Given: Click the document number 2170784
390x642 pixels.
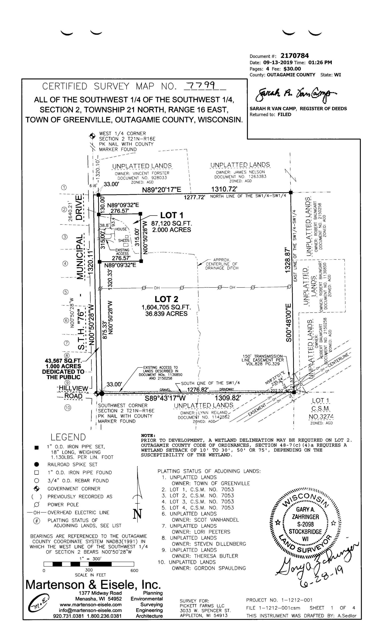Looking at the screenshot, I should click(294, 56).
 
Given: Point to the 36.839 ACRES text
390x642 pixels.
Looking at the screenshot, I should click(166, 314).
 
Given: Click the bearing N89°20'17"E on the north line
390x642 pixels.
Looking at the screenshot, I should click(161, 190).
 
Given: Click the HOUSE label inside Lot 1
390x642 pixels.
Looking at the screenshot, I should click(121, 229).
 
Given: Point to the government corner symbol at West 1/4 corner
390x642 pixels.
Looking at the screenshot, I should click(92, 136).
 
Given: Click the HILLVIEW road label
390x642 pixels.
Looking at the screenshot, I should click(74, 388).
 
